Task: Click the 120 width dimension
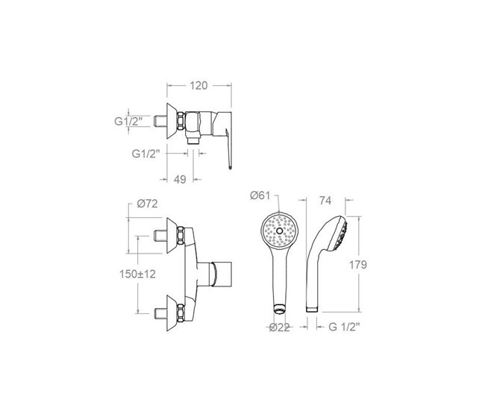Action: (198, 85)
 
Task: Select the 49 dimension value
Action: (180, 179)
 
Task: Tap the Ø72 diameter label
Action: (147, 204)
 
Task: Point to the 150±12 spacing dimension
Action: (137, 274)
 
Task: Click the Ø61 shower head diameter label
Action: (260, 195)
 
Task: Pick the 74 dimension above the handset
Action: (325, 201)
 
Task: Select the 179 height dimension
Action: (358, 265)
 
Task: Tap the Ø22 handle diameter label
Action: (279, 327)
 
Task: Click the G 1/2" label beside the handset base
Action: (344, 327)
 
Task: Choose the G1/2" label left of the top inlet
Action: (128, 122)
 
